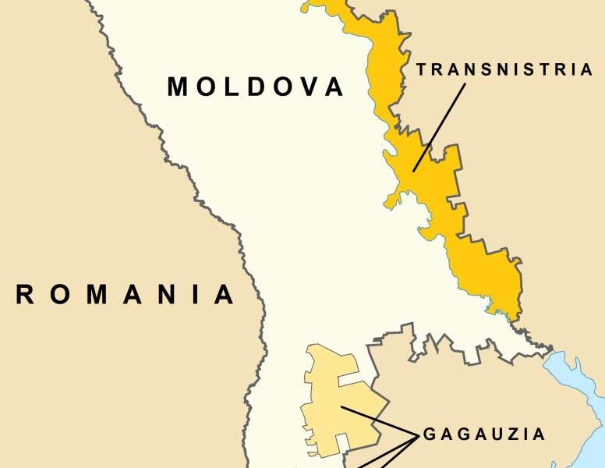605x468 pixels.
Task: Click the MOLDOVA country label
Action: pos(256,87)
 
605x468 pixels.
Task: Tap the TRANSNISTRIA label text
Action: pos(504,70)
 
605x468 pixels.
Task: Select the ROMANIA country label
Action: pos(125,295)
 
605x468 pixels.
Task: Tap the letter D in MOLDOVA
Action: pos(258,87)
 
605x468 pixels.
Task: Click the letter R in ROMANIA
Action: pos(26,295)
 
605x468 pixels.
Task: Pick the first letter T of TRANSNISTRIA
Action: pos(422,70)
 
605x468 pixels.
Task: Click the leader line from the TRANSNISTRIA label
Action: pos(440,125)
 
